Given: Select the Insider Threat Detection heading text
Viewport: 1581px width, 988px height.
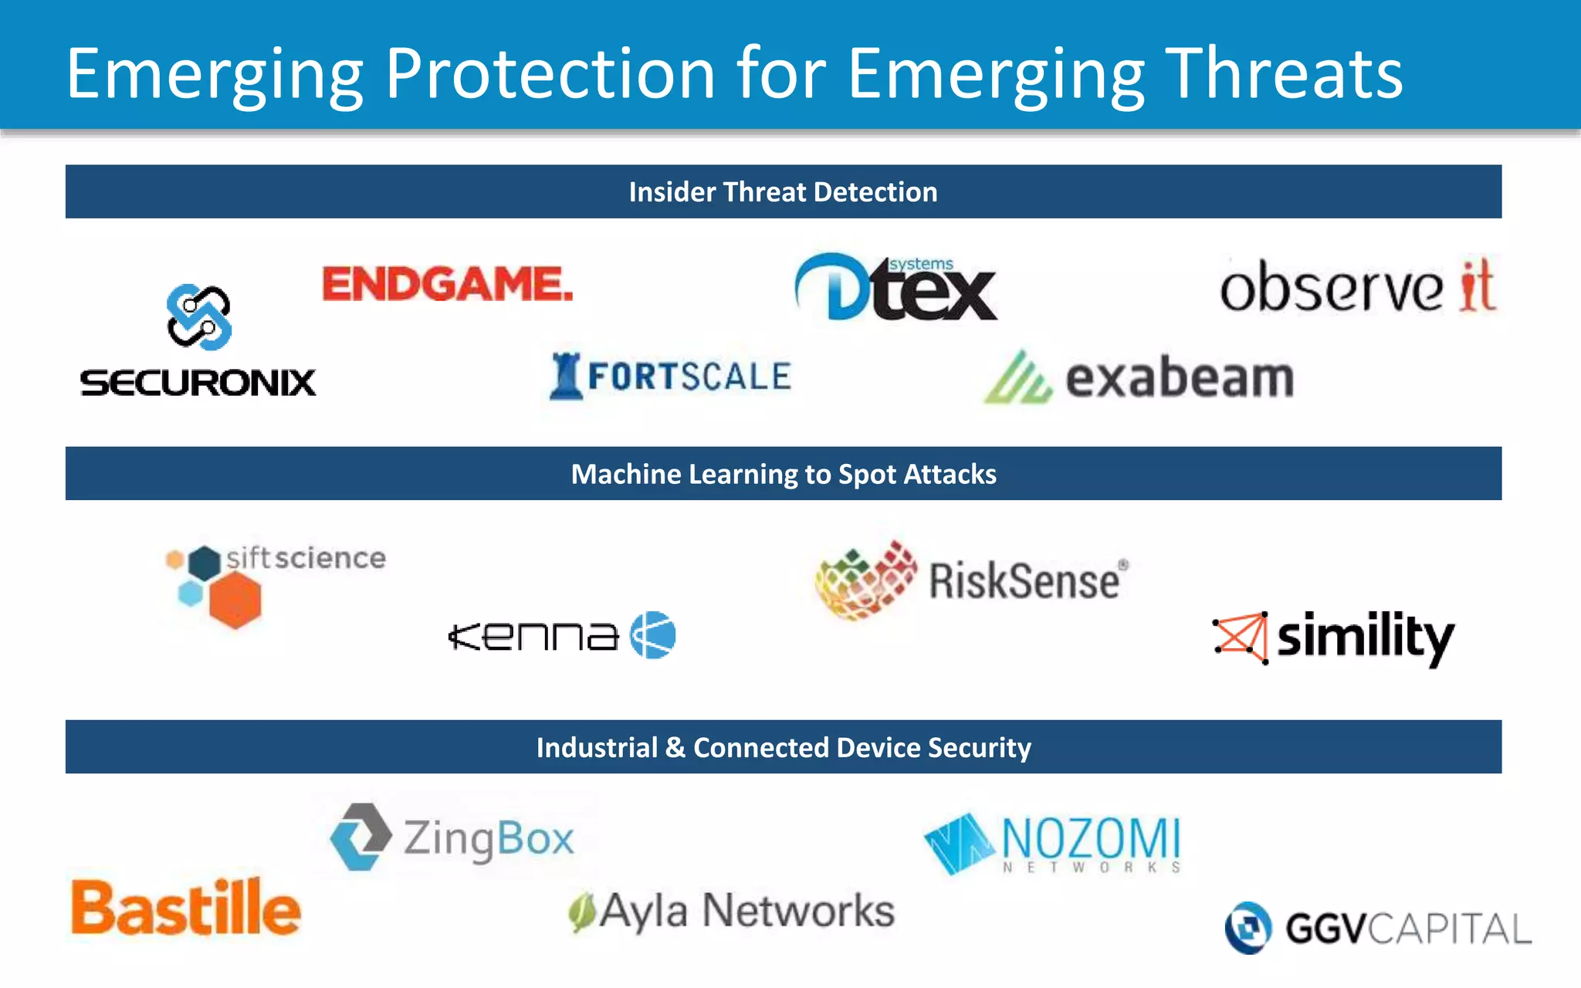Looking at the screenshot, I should (783, 192).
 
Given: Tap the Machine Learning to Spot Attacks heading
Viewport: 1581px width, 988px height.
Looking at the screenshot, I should (783, 474).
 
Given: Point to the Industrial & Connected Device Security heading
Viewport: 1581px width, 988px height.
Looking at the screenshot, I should (783, 747).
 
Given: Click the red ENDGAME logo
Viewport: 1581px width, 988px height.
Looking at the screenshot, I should (448, 284).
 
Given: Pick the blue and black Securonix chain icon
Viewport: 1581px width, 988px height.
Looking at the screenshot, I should (199, 317).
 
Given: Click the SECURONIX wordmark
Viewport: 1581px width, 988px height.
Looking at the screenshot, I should (198, 383).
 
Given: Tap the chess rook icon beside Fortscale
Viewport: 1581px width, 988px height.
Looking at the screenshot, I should (566, 376).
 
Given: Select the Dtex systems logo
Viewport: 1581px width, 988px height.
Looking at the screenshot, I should (896, 288).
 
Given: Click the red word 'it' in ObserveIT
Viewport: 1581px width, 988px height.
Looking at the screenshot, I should (1478, 286).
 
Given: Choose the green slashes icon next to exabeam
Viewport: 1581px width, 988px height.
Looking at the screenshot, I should (1017, 378).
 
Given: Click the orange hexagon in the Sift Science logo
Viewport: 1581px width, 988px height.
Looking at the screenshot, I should (235, 601).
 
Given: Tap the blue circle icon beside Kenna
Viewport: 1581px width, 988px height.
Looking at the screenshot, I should (653, 635).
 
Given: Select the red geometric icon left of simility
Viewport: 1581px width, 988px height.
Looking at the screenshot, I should (1241, 638).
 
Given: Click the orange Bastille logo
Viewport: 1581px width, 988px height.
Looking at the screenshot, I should (185, 908).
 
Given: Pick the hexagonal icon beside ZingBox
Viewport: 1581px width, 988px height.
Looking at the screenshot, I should (361, 837).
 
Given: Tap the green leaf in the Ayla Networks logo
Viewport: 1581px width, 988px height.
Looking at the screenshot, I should (582, 912).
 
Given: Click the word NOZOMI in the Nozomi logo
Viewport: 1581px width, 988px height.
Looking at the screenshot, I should (1091, 838).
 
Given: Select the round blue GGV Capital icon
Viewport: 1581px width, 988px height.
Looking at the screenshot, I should (1248, 928).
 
